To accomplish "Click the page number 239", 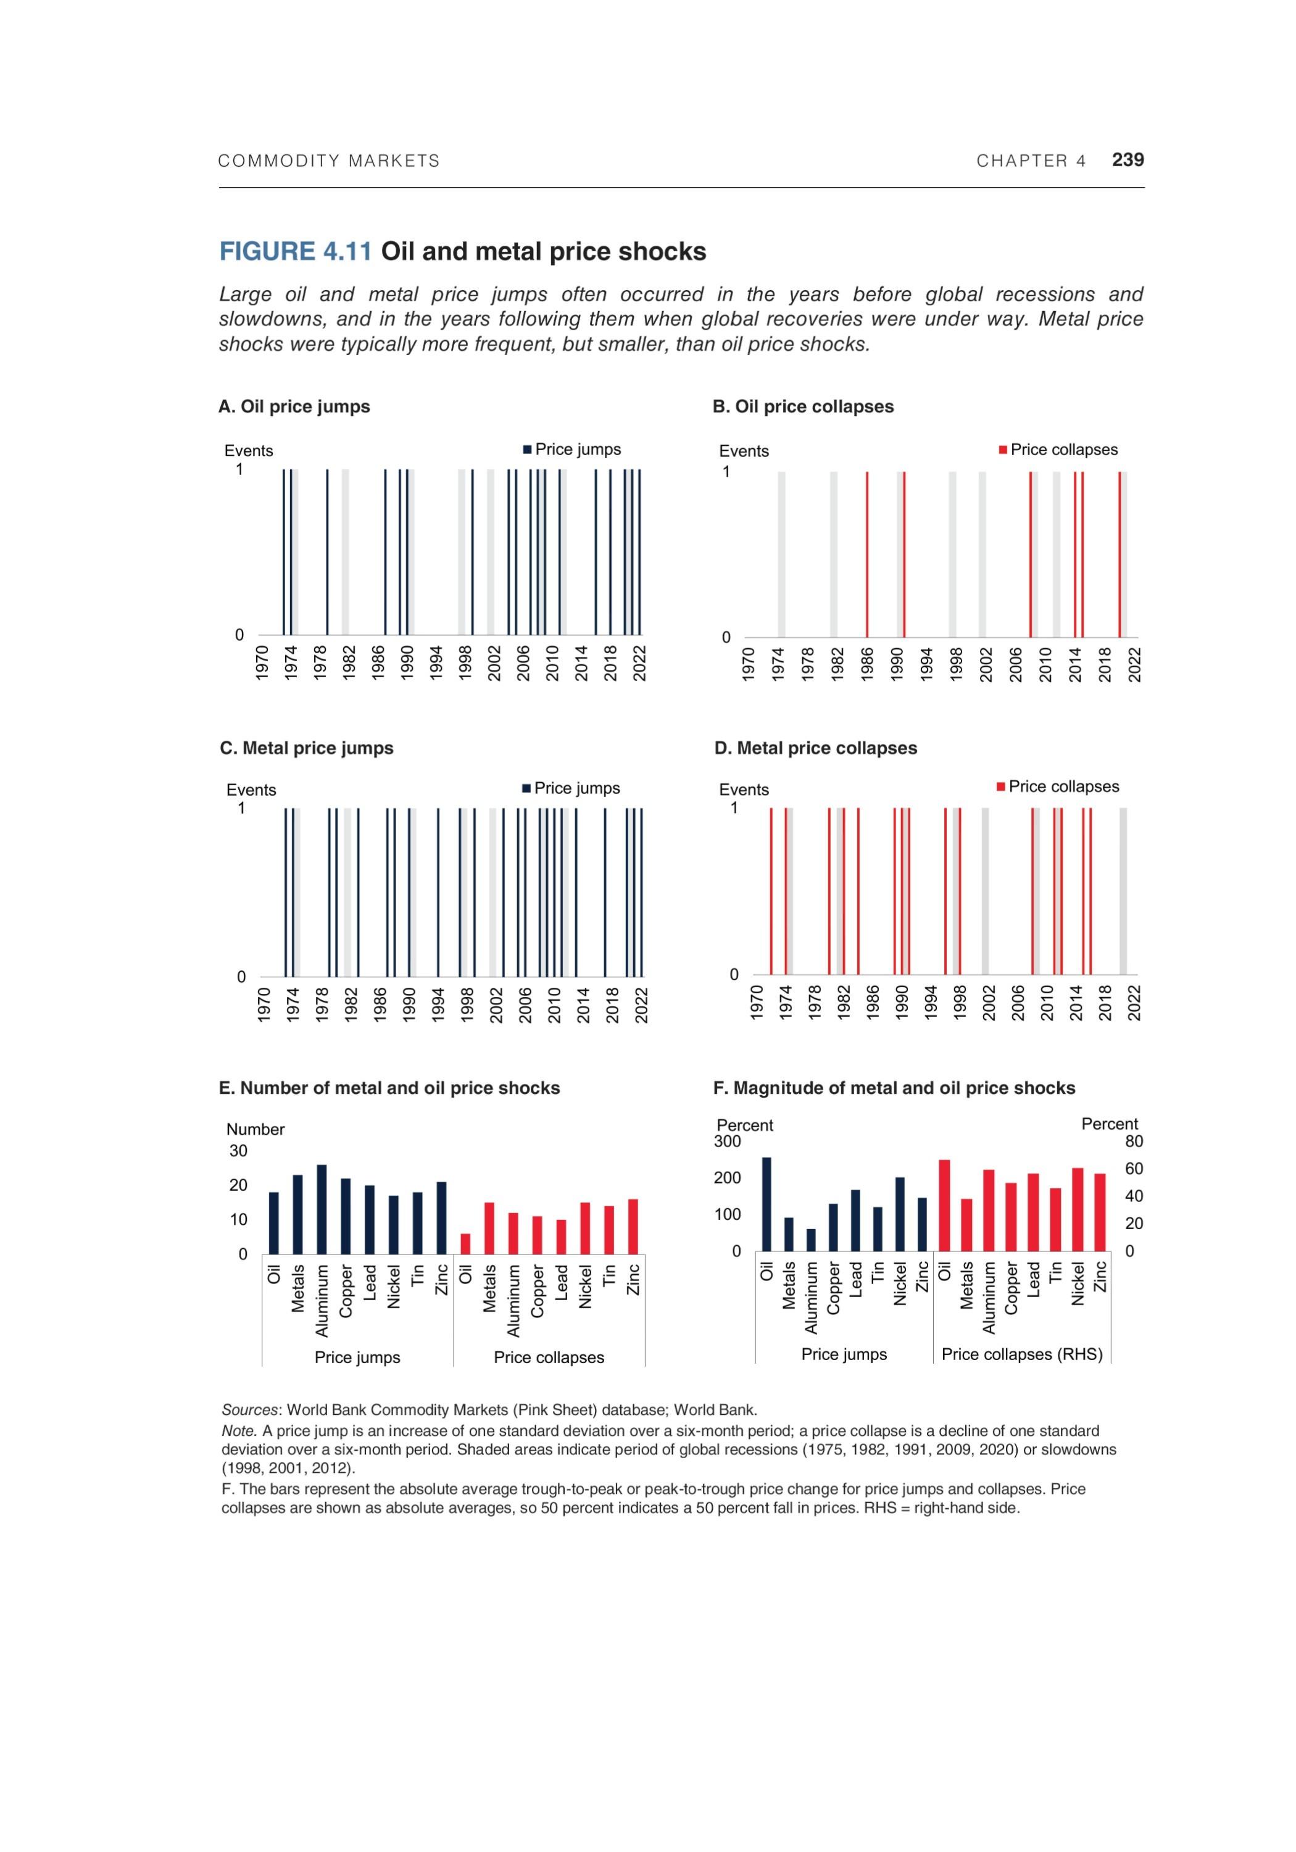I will pyautogui.click(x=1127, y=160).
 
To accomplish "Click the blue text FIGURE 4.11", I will pyautogui.click(x=295, y=252).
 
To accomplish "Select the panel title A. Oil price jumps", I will pyautogui.click(x=294, y=407).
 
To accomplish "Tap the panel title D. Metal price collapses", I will pyautogui.click(x=815, y=749).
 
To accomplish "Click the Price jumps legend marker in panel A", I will pyautogui.click(x=528, y=450).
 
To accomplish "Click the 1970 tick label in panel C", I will pyautogui.click(x=264, y=1004).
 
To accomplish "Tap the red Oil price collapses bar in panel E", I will pyautogui.click(x=465, y=1243).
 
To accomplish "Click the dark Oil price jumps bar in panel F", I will pyautogui.click(x=766, y=1203).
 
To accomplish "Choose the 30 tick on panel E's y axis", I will pyautogui.click(x=239, y=1151).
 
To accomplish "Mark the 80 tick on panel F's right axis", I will pyautogui.click(x=1134, y=1141).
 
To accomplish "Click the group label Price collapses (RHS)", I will pyautogui.click(x=1022, y=1354).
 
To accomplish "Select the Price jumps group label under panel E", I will pyautogui.click(x=357, y=1358).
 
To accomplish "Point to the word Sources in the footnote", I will pyautogui.click(x=249, y=1410).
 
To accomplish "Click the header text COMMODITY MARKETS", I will pyautogui.click(x=329, y=161).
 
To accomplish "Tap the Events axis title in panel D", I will pyautogui.click(x=744, y=790).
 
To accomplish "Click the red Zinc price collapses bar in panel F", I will pyautogui.click(x=1099, y=1212).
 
